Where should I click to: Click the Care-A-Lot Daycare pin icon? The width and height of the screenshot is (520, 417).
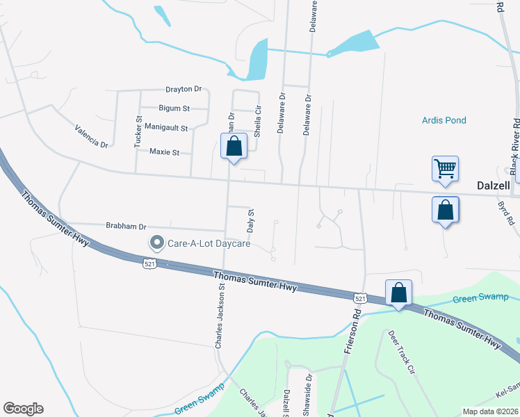tap(157, 243)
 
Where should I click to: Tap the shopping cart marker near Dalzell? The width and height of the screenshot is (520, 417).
tap(445, 168)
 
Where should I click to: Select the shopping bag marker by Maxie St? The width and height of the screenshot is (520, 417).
tap(234, 146)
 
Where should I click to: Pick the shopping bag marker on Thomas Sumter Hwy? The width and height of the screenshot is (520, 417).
tap(398, 292)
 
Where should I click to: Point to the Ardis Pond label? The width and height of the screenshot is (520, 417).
tap(444, 120)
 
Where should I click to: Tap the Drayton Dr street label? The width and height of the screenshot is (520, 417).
tap(183, 89)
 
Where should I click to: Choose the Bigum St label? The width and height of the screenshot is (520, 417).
tap(174, 108)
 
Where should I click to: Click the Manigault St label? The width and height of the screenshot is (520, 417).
tap(166, 128)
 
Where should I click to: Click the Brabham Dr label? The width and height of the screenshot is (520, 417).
tap(126, 226)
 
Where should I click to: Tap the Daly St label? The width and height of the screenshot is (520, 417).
tap(251, 220)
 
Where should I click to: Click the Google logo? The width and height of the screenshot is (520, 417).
tap(23, 409)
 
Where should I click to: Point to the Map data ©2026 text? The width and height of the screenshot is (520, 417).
tap(490, 411)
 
